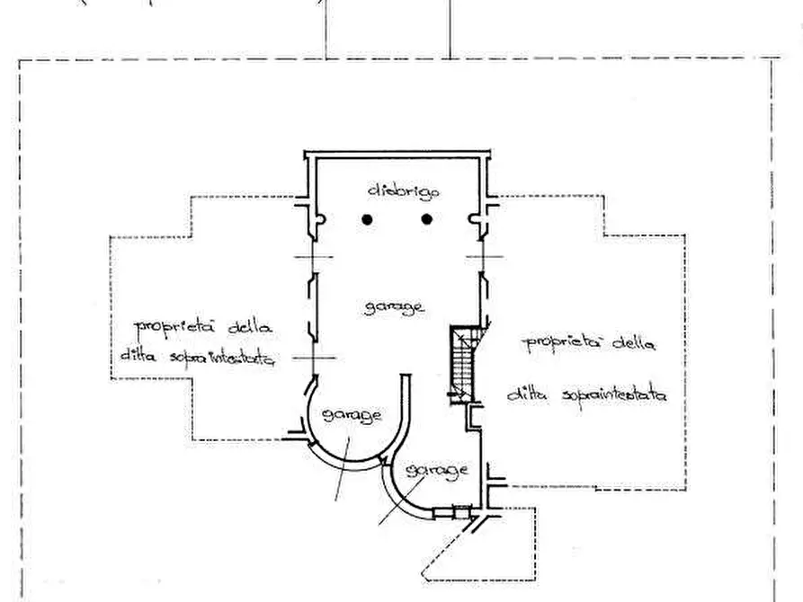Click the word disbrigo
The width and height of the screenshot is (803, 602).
pyautogui.click(x=397, y=190)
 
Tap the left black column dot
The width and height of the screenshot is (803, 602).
pyautogui.click(x=367, y=218)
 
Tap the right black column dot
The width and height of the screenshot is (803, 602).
pyautogui.click(x=426, y=218)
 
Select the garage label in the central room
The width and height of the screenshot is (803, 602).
pyautogui.click(x=395, y=307)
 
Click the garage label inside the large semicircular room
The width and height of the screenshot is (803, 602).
pyautogui.click(x=352, y=415)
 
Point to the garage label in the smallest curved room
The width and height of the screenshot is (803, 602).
pyautogui.click(x=436, y=470)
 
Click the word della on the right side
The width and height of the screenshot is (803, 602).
pyautogui.click(x=636, y=342)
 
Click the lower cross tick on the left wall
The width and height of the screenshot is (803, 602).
pyautogui.click(x=307, y=358)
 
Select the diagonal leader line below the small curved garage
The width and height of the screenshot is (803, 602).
pyautogui.click(x=400, y=500)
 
